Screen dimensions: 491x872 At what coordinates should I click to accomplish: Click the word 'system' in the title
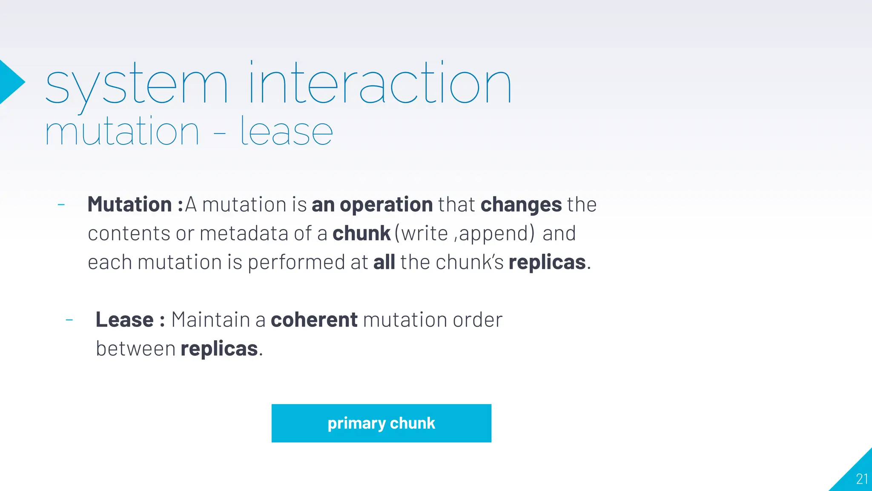click(x=136, y=85)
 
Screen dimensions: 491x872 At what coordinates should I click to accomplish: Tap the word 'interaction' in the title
click(x=380, y=83)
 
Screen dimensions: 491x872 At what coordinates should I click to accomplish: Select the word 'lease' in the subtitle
click(x=286, y=132)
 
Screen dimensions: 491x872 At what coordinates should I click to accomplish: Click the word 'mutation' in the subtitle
click(x=122, y=132)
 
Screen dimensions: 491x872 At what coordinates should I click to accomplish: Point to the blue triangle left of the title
click(x=10, y=82)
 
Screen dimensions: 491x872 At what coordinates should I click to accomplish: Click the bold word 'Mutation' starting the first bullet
click(x=129, y=205)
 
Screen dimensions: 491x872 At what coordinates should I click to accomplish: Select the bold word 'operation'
click(x=386, y=205)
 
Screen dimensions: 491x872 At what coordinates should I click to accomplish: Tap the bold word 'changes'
click(x=521, y=205)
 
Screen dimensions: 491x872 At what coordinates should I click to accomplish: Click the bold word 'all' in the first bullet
click(x=384, y=262)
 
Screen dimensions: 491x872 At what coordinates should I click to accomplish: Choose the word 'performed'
click(x=296, y=262)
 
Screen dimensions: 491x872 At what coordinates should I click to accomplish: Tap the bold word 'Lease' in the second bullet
click(x=124, y=320)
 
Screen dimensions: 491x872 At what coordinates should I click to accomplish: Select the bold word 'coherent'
click(x=314, y=320)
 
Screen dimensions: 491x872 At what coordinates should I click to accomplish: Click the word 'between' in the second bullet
click(x=135, y=349)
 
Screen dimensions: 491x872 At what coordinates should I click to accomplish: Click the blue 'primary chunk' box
click(x=381, y=423)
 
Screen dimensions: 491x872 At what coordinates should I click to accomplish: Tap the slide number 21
click(x=862, y=479)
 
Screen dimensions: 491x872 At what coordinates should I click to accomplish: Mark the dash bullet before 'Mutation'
click(x=61, y=205)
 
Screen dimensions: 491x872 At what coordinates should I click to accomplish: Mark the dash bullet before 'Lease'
click(x=69, y=320)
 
